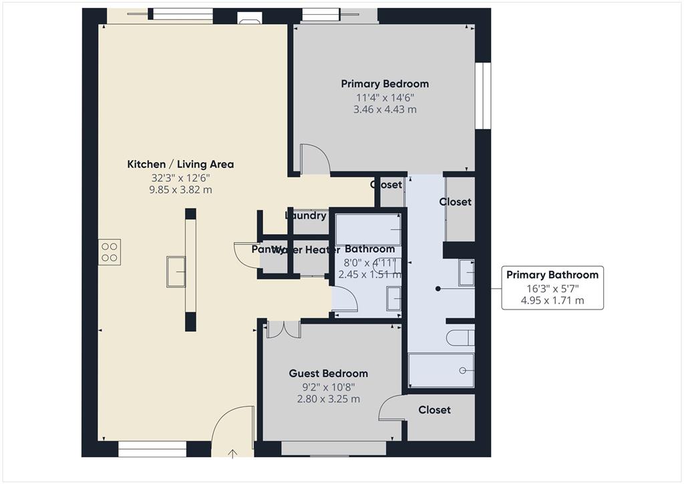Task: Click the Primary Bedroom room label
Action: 385,84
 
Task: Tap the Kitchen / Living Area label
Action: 180,164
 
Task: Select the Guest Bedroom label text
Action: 328,373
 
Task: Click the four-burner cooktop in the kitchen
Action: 110,252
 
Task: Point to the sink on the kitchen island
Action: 176,271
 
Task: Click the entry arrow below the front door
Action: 232,455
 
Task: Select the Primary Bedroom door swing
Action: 314,158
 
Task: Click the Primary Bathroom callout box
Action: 552,287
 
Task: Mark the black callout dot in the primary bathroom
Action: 438,289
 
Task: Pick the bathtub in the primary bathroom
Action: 441,370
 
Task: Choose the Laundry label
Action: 305,215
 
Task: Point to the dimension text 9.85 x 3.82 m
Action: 180,190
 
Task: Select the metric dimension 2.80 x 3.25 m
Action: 328,399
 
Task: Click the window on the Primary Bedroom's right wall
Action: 483,96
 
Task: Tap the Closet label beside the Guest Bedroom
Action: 434,410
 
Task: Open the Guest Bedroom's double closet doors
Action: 283,328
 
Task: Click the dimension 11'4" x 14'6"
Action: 385,97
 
